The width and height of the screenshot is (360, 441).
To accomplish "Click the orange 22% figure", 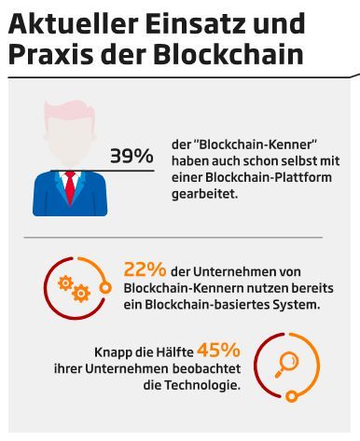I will click(x=145, y=269).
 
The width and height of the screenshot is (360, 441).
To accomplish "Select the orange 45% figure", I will click(x=218, y=351).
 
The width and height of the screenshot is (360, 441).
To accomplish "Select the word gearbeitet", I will click(x=206, y=195).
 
